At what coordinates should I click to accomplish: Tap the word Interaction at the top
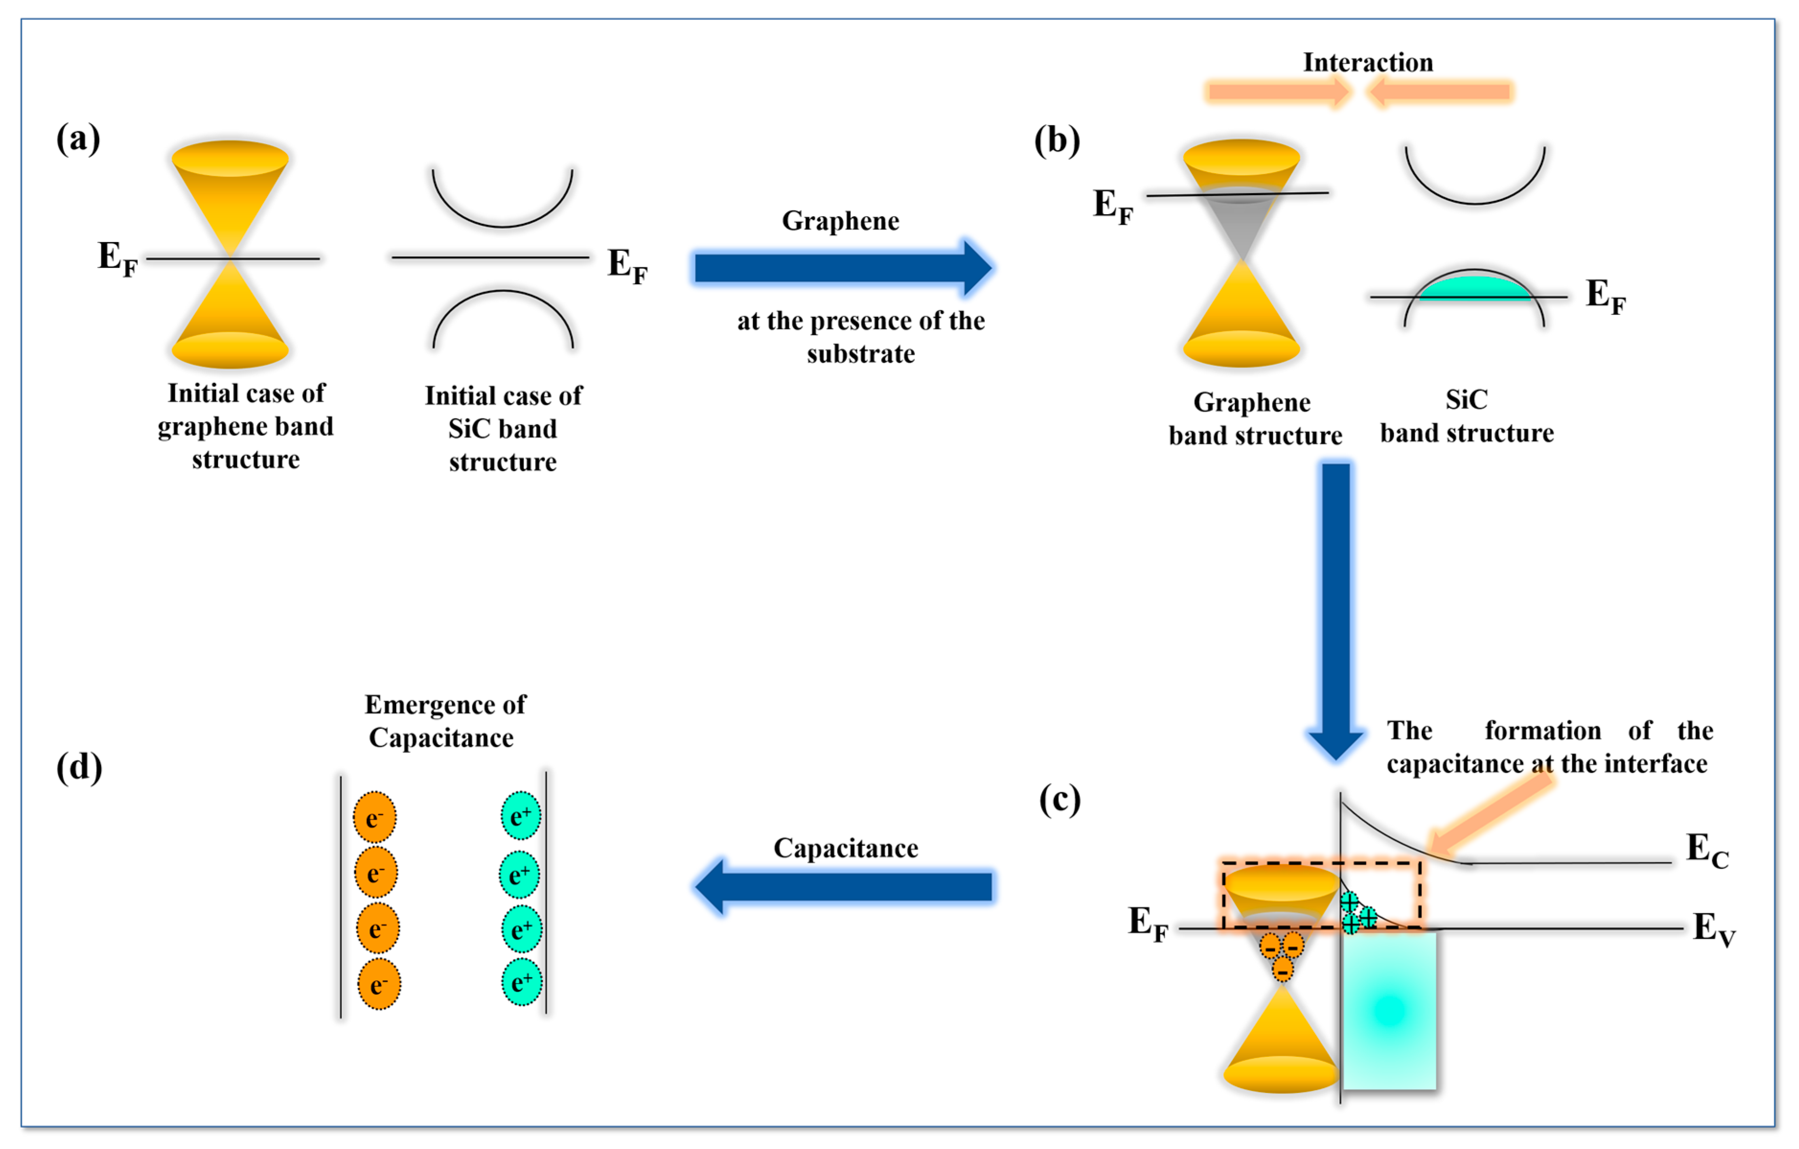tap(1367, 63)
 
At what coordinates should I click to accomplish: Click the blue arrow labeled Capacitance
tap(844, 887)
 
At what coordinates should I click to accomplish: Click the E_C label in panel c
tap(1707, 851)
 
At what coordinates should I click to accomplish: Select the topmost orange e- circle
tap(375, 817)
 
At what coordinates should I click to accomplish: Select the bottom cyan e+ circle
tap(521, 982)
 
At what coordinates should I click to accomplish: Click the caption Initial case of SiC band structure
tap(503, 429)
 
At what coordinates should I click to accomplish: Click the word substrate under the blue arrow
tap(860, 354)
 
